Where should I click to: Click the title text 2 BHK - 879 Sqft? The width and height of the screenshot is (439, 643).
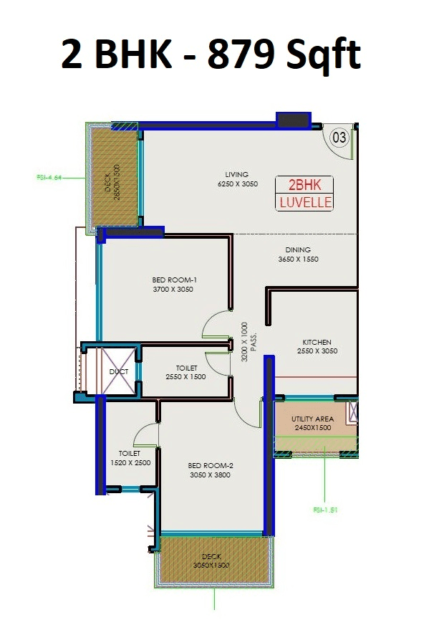click(211, 56)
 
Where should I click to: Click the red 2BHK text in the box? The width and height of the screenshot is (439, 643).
click(304, 186)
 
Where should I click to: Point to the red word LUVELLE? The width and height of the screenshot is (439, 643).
click(304, 202)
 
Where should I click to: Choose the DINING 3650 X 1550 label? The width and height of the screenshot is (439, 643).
click(297, 254)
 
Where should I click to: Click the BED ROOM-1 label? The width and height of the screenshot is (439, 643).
click(173, 285)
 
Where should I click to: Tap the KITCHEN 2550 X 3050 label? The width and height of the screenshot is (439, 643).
click(317, 347)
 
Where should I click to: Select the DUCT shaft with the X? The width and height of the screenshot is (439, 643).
click(118, 371)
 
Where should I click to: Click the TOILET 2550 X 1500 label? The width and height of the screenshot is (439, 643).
click(186, 373)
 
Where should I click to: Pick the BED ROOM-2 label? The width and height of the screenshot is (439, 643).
click(211, 470)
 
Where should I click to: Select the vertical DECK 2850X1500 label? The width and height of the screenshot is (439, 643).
click(114, 183)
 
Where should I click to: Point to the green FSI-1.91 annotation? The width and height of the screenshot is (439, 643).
click(326, 510)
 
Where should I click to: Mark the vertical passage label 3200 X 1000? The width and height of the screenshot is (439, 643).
click(249, 340)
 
